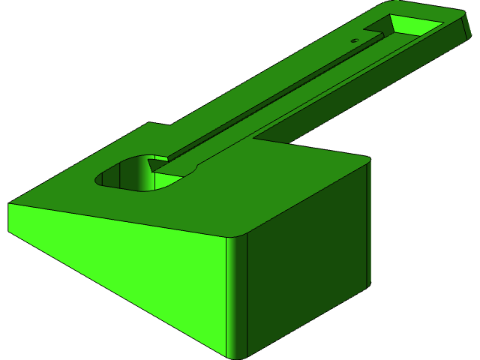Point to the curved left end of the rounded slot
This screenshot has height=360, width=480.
(100, 178)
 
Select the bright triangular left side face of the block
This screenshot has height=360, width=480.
(112, 262)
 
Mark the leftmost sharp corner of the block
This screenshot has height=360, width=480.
(9, 204)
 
